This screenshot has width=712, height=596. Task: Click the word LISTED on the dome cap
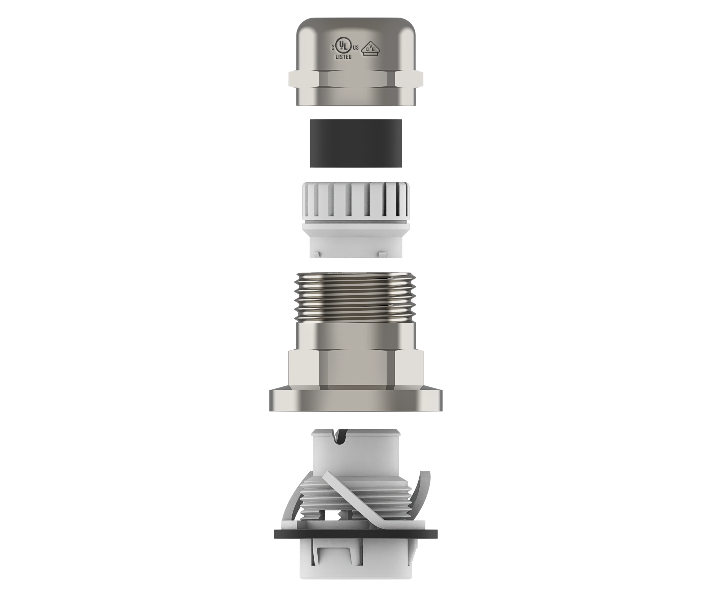pos(343,57)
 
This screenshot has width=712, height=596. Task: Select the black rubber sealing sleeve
pos(356,143)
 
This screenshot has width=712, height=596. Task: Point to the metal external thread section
pos(356,297)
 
